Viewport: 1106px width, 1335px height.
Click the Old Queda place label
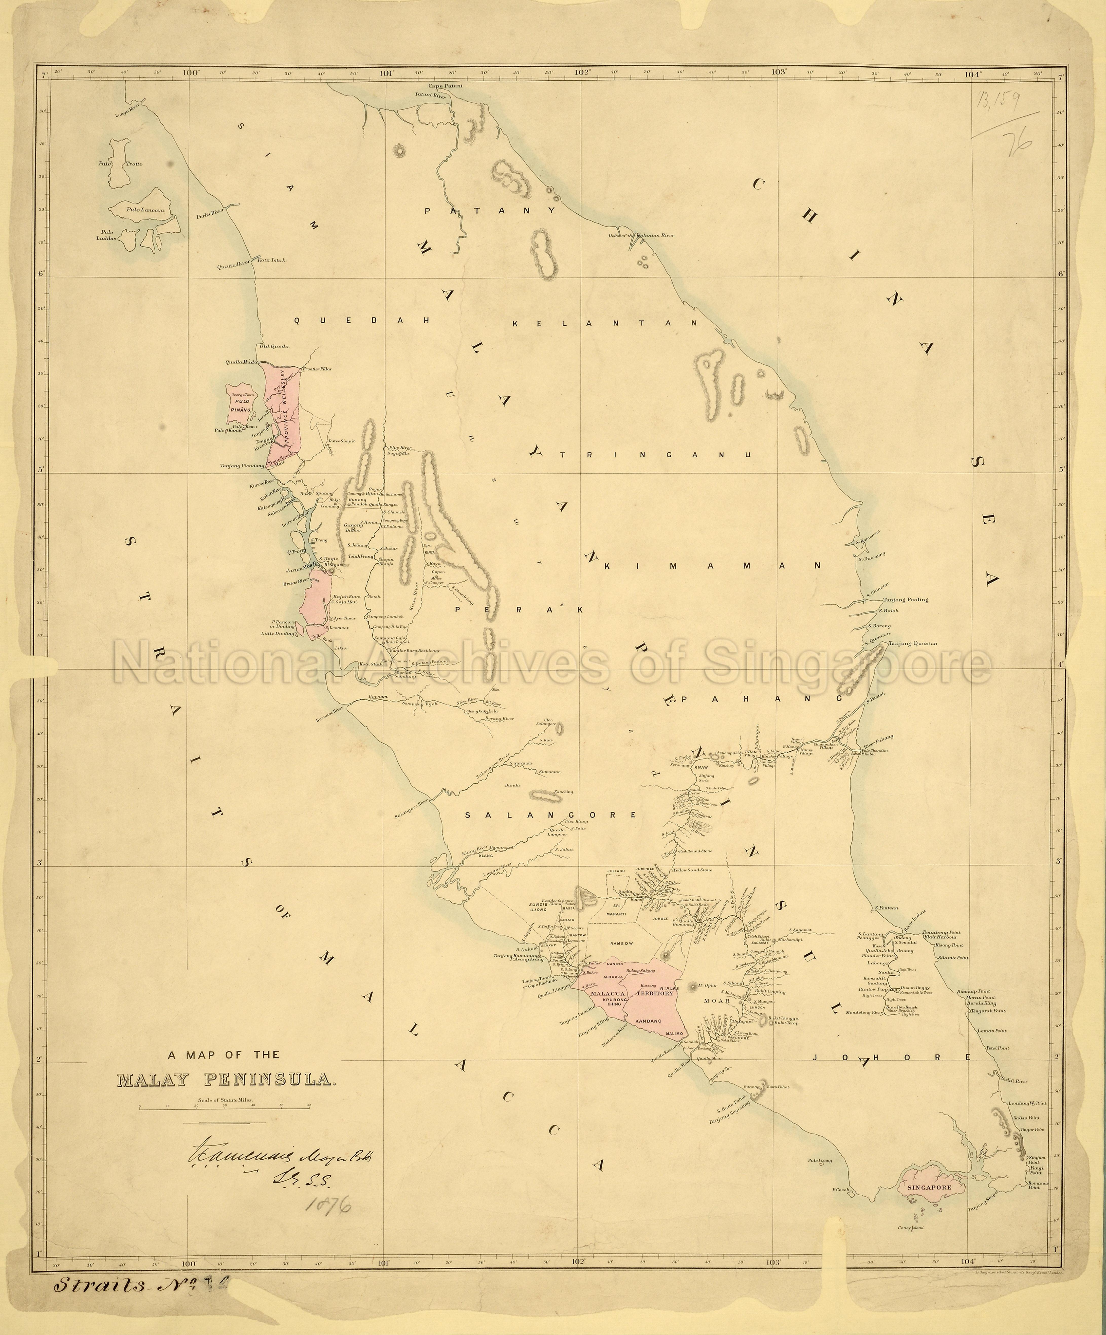(273, 346)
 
